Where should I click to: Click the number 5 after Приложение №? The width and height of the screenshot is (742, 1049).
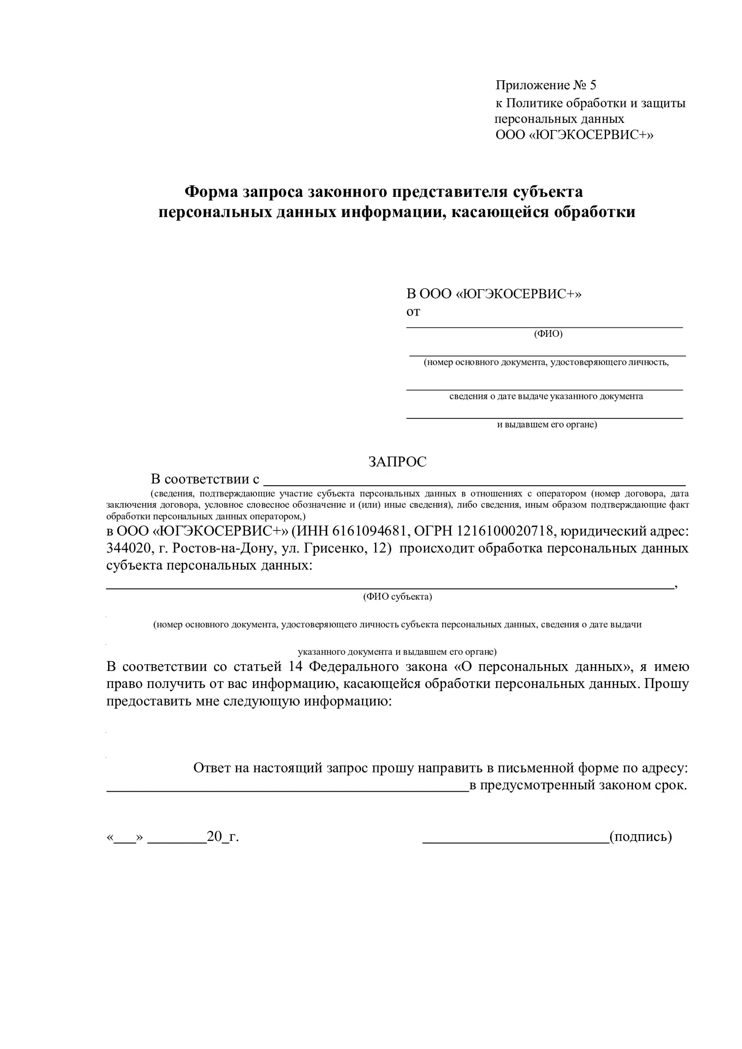[593, 86]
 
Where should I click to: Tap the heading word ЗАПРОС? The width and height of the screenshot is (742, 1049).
[397, 462]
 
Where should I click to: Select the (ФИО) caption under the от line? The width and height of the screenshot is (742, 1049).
[548, 334]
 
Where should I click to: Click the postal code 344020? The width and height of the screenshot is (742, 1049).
[128, 548]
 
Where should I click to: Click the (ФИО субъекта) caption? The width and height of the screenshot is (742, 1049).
[397, 596]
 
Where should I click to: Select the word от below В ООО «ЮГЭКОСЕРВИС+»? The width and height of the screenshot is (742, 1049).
[413, 312]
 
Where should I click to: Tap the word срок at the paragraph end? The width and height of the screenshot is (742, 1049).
[670, 785]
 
